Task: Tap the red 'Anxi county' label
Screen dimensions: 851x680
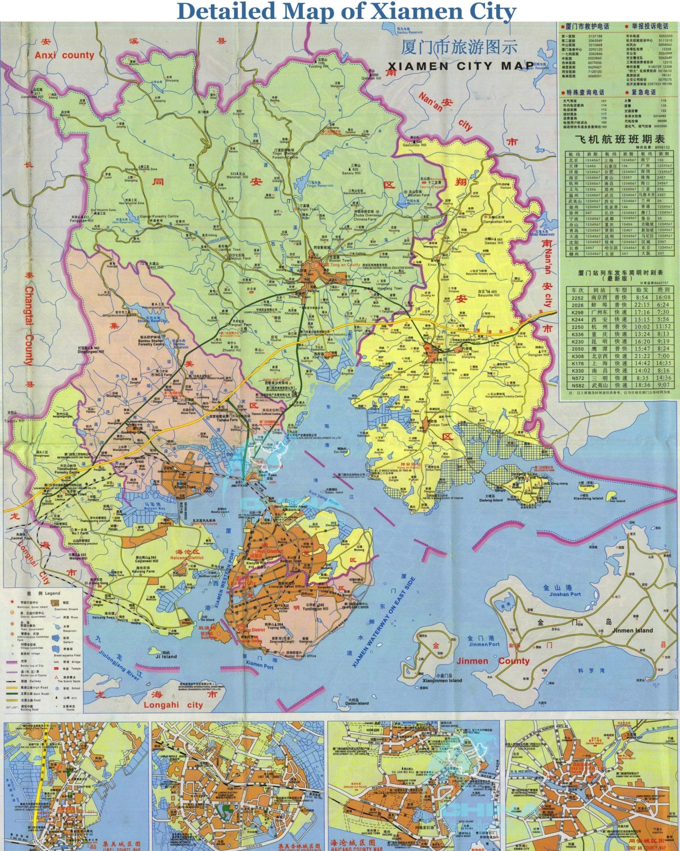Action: [64, 55]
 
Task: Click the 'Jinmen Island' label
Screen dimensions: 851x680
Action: [632, 630]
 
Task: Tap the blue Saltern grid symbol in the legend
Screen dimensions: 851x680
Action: [56, 638]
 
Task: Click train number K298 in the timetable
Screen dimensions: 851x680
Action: [578, 312]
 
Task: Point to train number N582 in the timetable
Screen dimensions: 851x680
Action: [578, 385]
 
